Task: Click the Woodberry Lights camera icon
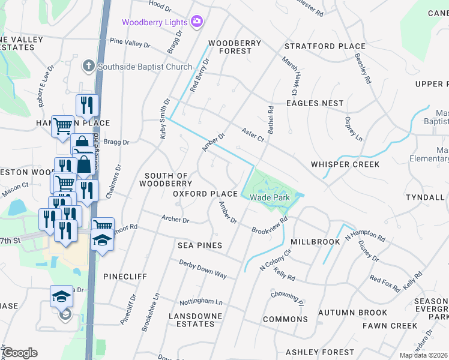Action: coord(197,22)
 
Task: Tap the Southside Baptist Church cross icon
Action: coord(88,65)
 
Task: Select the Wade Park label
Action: coord(270,197)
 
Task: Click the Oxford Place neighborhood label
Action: coord(205,194)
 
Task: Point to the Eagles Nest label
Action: coord(315,103)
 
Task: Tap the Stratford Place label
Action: coord(325,46)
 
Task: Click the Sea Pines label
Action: coord(200,245)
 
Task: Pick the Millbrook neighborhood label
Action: coord(315,241)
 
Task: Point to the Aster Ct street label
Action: coord(253,134)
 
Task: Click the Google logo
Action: coord(20,353)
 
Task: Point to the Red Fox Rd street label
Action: coord(385,283)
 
